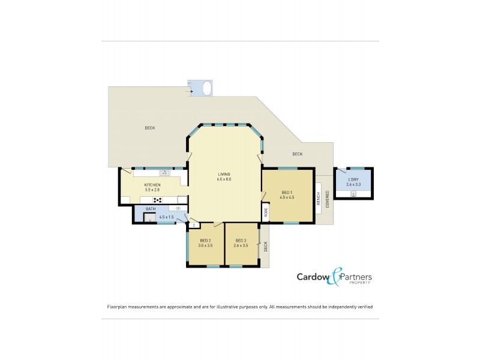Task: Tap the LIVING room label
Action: pos(224,175)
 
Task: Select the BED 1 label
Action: pos(287,192)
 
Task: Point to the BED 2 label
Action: pos(206,240)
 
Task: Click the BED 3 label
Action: pos(242,240)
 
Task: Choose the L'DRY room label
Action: pos(353,179)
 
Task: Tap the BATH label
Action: pos(151,209)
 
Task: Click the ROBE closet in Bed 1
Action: pos(266,212)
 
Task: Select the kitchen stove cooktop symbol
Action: pos(158,200)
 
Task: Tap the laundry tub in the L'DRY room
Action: pos(353,194)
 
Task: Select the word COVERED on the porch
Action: pos(327,199)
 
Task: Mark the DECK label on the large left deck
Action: pos(150,128)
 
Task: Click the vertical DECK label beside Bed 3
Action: pos(265,245)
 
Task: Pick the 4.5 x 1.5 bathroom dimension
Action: pos(166,217)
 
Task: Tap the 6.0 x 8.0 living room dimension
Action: pos(224,179)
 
